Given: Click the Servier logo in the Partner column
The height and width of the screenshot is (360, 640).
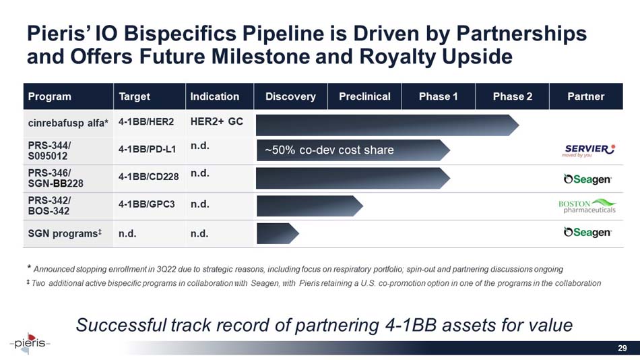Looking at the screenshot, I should (x=587, y=149).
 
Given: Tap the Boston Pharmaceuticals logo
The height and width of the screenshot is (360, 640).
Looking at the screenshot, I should (x=587, y=205).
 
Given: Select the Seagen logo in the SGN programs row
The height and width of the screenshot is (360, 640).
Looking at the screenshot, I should (x=587, y=233).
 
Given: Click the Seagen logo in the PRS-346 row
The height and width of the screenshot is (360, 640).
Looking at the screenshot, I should (x=587, y=179).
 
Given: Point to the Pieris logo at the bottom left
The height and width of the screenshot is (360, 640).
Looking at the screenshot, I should (x=30, y=342).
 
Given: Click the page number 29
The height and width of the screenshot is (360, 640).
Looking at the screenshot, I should (x=622, y=348).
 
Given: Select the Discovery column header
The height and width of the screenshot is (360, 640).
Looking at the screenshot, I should (x=290, y=96).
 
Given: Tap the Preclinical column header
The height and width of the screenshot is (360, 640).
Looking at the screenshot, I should (x=364, y=96).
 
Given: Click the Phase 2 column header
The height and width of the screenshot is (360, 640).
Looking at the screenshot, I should (x=512, y=96).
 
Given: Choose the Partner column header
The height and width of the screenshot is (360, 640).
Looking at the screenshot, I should (x=585, y=96).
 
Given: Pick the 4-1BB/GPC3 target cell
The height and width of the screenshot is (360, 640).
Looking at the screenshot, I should (x=146, y=204).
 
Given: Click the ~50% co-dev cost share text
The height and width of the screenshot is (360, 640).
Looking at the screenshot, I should (x=329, y=150).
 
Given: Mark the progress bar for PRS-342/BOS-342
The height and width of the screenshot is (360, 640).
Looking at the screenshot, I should (x=309, y=205).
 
